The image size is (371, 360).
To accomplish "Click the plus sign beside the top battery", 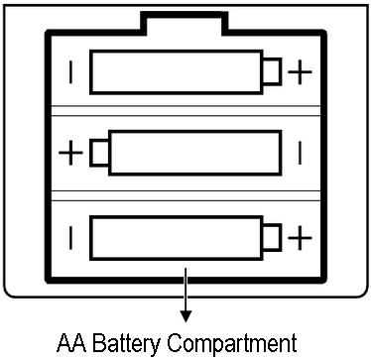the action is [x=300, y=72].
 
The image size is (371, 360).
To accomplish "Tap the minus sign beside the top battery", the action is [x=70, y=72].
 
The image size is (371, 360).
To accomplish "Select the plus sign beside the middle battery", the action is [x=70, y=153].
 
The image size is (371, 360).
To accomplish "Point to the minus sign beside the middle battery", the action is [x=300, y=153].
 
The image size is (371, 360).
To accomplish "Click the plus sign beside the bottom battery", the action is [x=300, y=238].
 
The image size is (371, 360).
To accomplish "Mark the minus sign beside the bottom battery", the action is [x=70, y=238].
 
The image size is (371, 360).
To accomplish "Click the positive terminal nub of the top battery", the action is [x=272, y=71].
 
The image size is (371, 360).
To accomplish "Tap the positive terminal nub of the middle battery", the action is [x=99, y=153].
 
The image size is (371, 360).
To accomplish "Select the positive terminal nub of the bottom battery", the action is [x=272, y=238].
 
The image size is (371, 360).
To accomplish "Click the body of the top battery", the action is [x=177, y=72].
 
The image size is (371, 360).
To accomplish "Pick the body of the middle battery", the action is [x=195, y=153].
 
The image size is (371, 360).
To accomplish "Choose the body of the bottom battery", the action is [x=177, y=238].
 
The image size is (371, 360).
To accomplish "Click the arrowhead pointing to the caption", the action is [x=185, y=316].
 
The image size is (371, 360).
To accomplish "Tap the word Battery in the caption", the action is [x=127, y=344].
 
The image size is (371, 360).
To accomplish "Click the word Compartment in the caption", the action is [x=232, y=344].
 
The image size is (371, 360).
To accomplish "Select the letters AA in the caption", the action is [x=71, y=343].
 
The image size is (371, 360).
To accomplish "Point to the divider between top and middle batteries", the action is [x=185, y=111].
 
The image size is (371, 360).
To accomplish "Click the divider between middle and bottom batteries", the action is [x=185, y=196].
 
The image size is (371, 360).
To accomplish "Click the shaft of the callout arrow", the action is [x=185, y=290].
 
